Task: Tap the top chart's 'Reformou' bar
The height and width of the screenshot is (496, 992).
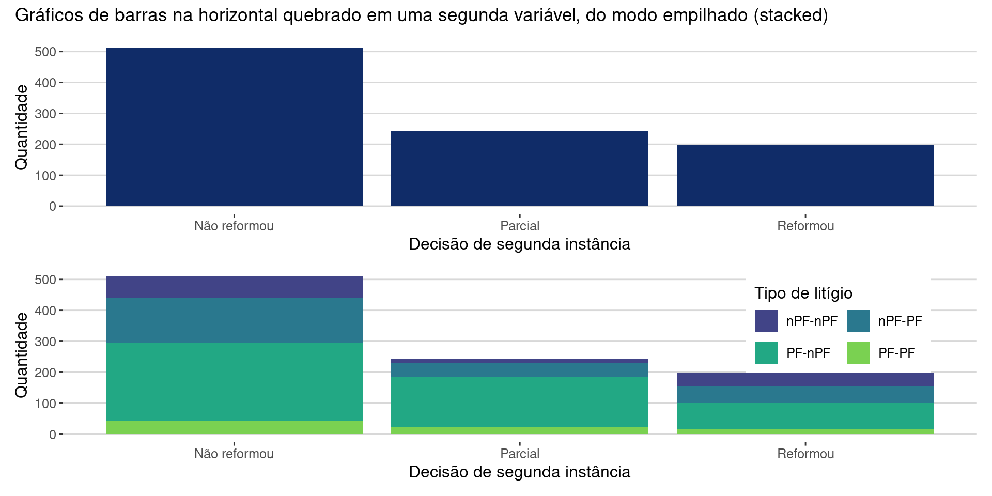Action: (x=805, y=175)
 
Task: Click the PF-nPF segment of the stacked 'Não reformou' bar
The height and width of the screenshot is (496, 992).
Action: (x=234, y=382)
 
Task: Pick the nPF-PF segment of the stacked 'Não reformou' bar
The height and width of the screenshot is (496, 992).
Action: (x=234, y=320)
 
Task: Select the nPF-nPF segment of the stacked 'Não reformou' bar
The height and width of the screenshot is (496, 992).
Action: (x=234, y=287)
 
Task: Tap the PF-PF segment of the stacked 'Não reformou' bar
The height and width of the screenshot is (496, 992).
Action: (x=234, y=428)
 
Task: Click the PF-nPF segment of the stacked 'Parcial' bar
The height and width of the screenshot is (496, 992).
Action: (x=519, y=401)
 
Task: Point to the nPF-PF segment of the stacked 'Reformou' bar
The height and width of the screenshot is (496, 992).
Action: (x=805, y=395)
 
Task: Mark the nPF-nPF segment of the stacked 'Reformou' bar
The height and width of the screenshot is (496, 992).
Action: (x=805, y=380)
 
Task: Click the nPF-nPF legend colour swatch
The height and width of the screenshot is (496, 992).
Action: (x=766, y=321)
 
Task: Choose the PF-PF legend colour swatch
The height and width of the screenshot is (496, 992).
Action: (x=858, y=353)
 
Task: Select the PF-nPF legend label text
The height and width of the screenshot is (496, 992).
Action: (x=808, y=353)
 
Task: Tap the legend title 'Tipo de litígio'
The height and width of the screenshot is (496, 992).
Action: (x=803, y=293)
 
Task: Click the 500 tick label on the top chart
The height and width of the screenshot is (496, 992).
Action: (x=45, y=52)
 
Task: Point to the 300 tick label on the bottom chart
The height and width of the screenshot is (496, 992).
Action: (x=45, y=342)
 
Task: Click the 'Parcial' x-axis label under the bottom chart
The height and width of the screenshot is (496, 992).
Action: (x=520, y=454)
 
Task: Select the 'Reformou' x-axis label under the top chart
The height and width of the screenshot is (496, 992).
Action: (x=805, y=226)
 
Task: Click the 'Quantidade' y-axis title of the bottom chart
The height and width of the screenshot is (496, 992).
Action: (x=22, y=355)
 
